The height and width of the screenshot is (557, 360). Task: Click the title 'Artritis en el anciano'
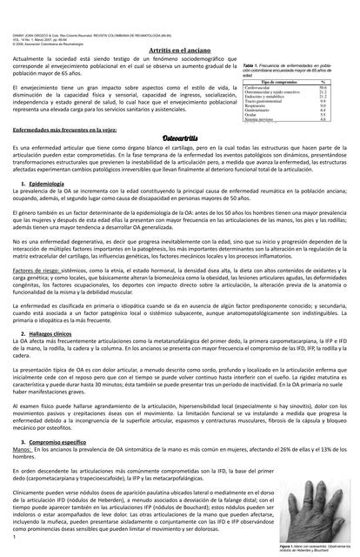[179, 53]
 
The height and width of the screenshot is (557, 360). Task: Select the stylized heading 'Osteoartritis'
[180, 138]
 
